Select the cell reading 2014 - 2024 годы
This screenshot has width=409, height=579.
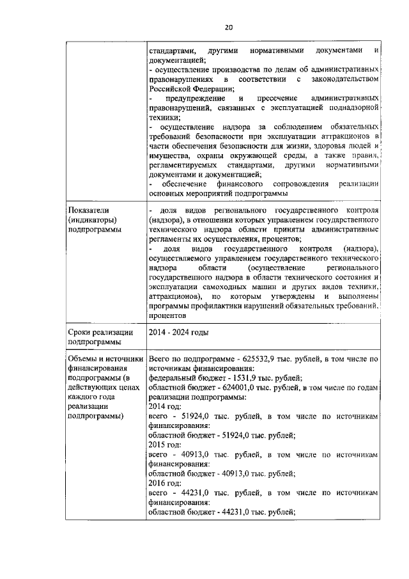click(178, 332)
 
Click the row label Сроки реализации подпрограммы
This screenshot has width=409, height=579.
click(100, 337)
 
